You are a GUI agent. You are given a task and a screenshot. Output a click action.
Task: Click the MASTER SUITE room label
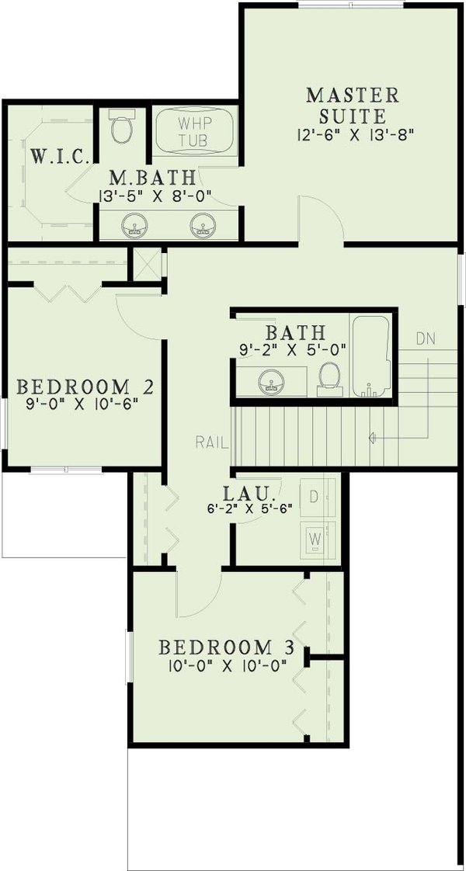(x=353, y=106)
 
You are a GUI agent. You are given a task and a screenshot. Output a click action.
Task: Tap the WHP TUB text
(x=194, y=133)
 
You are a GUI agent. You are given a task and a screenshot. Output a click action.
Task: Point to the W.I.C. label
(x=53, y=155)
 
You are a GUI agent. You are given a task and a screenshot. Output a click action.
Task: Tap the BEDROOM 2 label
(x=84, y=386)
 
